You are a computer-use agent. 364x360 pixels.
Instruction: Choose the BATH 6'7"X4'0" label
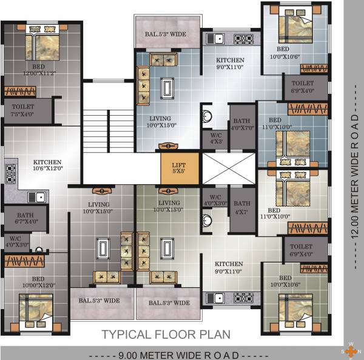[x=26, y=218]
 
